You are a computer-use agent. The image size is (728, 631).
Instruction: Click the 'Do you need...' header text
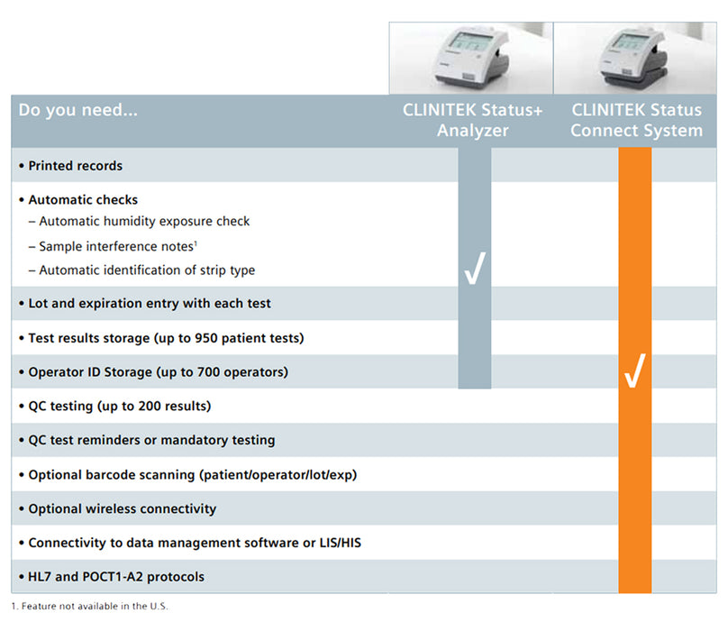pyautogui.click(x=77, y=111)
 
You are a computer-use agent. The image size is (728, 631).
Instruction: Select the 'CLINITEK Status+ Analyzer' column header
pyautogui.click(x=473, y=121)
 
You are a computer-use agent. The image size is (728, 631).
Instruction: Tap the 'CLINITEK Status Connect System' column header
pyautogui.click(x=636, y=121)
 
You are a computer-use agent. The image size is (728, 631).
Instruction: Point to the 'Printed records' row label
pyautogui.click(x=75, y=166)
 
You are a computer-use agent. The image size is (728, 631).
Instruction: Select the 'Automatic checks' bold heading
pyautogui.click(x=83, y=200)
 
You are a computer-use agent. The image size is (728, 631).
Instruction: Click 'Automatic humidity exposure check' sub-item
pyautogui.click(x=144, y=222)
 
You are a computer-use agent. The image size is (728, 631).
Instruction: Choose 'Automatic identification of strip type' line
pyautogui.click(x=147, y=270)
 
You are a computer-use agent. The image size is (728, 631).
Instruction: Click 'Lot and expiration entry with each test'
pyautogui.click(x=150, y=304)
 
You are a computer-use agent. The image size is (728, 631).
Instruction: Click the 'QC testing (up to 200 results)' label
pyautogui.click(x=119, y=407)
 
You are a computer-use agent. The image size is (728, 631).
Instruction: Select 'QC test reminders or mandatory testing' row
pyautogui.click(x=151, y=441)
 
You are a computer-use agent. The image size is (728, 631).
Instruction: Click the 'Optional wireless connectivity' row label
pyautogui.click(x=123, y=509)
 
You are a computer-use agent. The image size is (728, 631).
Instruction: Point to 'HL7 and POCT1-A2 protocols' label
pyautogui.click(x=116, y=577)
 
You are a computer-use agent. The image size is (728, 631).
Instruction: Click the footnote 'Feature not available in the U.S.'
pyautogui.click(x=94, y=606)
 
